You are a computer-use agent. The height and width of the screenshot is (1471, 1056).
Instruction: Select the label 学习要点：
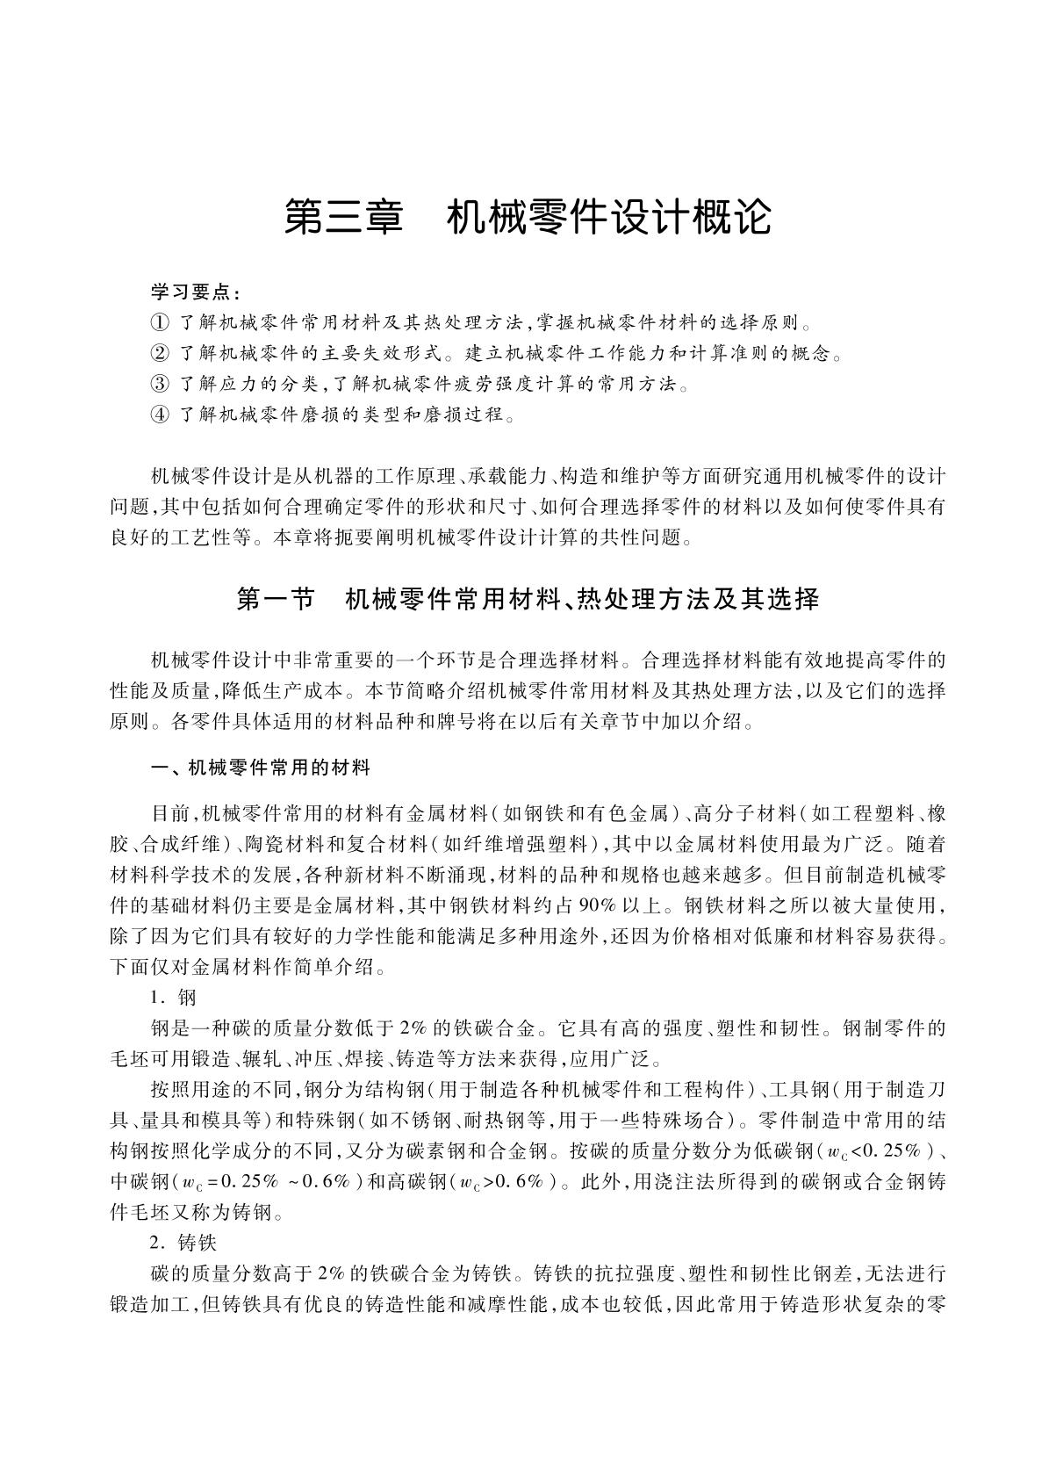pos(195,291)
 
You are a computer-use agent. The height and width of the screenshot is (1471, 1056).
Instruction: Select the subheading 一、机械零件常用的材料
pos(261,768)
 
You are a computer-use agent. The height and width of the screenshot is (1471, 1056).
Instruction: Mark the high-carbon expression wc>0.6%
pos(507,1182)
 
